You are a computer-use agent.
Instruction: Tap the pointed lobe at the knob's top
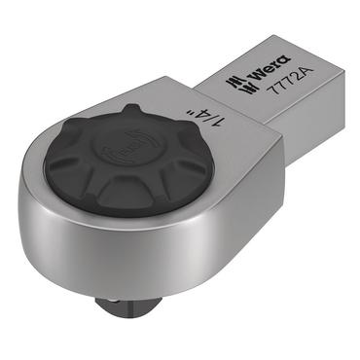click(x=130, y=109)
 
